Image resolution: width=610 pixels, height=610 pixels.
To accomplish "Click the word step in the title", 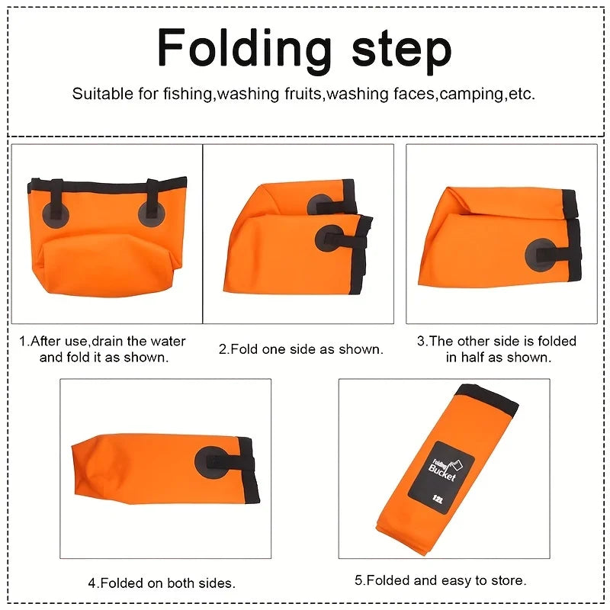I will (402, 50).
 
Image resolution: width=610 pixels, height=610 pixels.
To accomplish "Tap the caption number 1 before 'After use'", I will (23, 341).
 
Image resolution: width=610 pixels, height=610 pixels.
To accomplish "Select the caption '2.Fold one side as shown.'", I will (301, 349).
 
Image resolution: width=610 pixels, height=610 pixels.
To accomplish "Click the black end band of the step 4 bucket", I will (249, 470).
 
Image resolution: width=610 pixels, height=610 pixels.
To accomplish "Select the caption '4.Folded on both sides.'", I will (162, 583).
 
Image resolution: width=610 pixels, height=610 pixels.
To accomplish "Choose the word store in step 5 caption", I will (508, 580).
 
